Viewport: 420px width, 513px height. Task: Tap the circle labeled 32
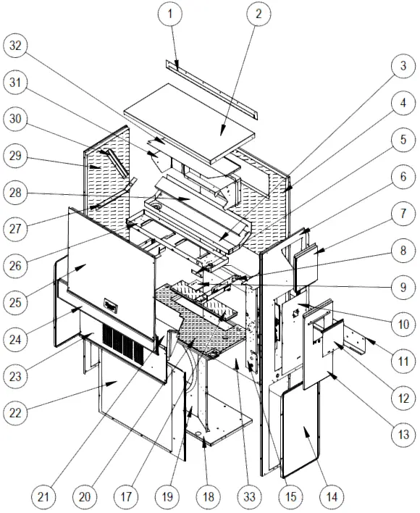(15, 46)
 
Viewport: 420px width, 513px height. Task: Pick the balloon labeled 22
(15, 413)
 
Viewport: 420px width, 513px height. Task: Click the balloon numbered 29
(15, 157)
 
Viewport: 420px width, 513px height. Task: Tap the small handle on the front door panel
(111, 306)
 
